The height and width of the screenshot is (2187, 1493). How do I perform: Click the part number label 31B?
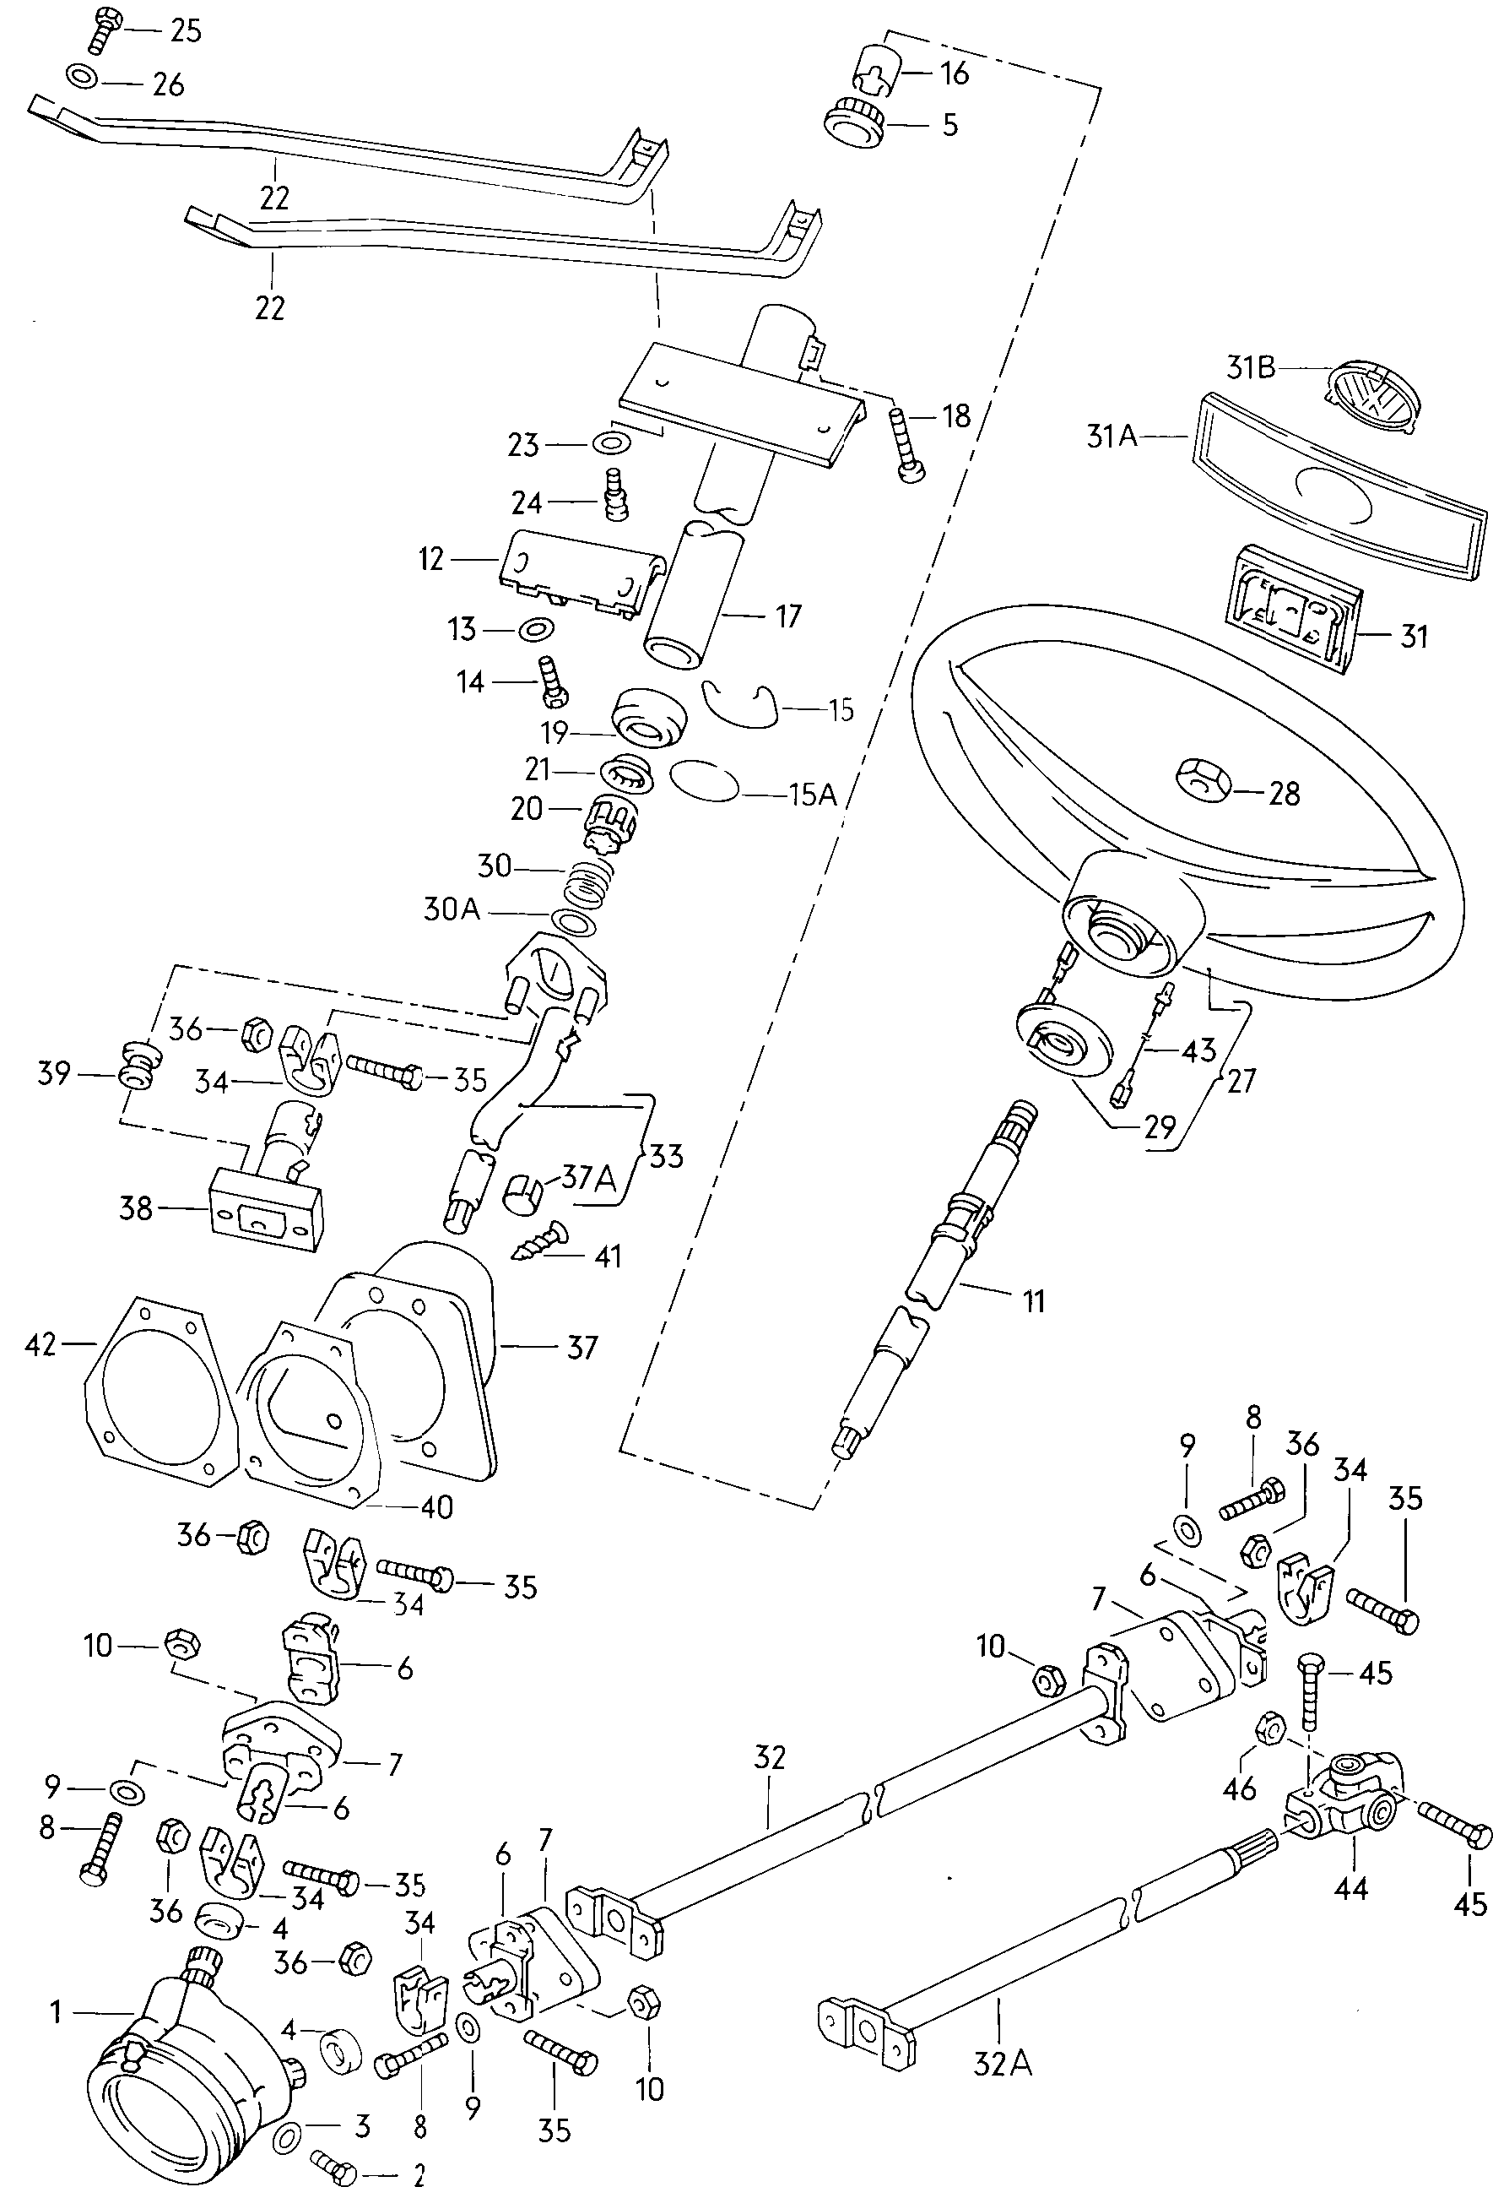tap(1250, 367)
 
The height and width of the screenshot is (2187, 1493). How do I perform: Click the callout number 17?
tap(787, 616)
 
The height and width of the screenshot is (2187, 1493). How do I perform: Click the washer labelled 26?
tap(82, 75)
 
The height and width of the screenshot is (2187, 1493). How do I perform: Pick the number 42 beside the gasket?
tap(41, 1345)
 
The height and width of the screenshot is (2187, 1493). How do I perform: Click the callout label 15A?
tap(813, 795)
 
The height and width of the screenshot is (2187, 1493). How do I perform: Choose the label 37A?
tap(589, 1176)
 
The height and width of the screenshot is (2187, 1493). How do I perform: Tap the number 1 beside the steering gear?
tap(56, 2012)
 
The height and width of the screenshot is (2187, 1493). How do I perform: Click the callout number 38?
tap(136, 1207)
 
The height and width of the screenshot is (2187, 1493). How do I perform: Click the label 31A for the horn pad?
tap(1112, 436)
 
